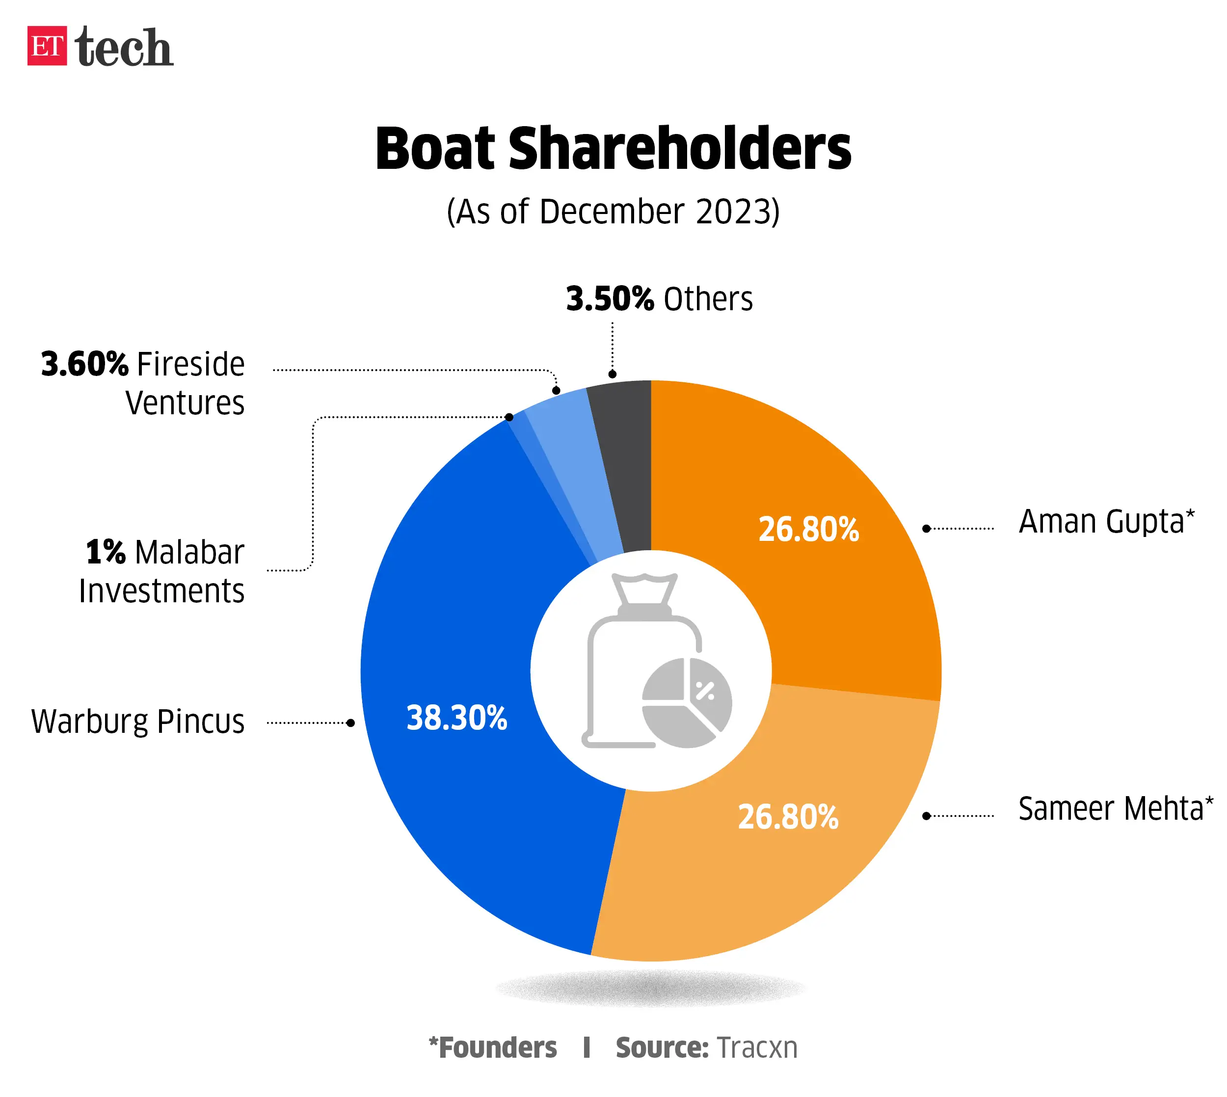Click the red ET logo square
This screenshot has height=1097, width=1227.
(x=47, y=46)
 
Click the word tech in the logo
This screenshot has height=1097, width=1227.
(x=124, y=47)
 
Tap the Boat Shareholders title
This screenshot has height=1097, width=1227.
(x=613, y=149)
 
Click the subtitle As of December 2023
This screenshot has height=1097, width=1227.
(x=613, y=212)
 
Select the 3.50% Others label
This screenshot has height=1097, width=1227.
(x=659, y=299)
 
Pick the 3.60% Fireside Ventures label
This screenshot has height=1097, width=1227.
(x=143, y=383)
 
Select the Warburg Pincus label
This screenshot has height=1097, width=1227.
(x=138, y=722)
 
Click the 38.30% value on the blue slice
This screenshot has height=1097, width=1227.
(x=457, y=718)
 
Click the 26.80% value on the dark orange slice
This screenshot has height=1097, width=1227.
(x=808, y=529)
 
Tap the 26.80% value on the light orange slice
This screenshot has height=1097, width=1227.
(x=788, y=817)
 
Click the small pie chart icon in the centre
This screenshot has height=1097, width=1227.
(x=687, y=703)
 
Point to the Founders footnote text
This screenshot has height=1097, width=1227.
(x=493, y=1047)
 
